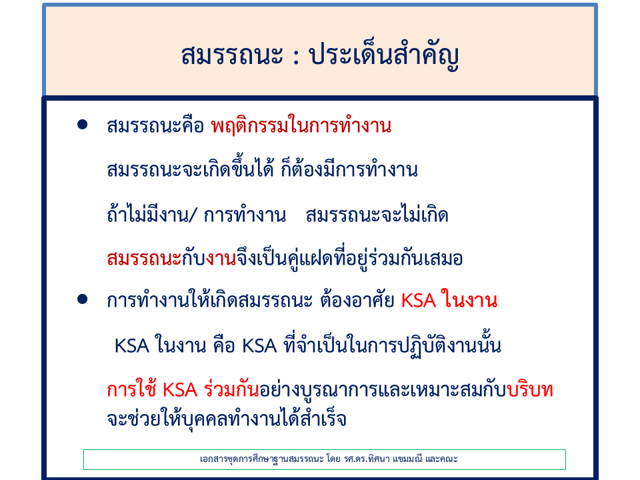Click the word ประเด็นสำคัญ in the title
point(384,56)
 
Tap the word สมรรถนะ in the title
point(232,55)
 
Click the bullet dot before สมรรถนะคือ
point(83,125)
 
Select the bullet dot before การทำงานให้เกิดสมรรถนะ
point(83,299)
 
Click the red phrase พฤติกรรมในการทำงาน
point(301,125)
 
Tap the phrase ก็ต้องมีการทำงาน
point(349,169)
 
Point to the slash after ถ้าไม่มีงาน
point(193,215)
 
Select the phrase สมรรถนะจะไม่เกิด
point(377,214)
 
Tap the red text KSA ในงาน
point(449,300)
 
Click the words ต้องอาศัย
point(357,299)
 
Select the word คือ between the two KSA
point(224,345)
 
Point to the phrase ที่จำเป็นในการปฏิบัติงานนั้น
point(393,345)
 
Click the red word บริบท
point(530,389)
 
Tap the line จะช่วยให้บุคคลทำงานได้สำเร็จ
point(227,418)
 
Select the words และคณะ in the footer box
point(441,459)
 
